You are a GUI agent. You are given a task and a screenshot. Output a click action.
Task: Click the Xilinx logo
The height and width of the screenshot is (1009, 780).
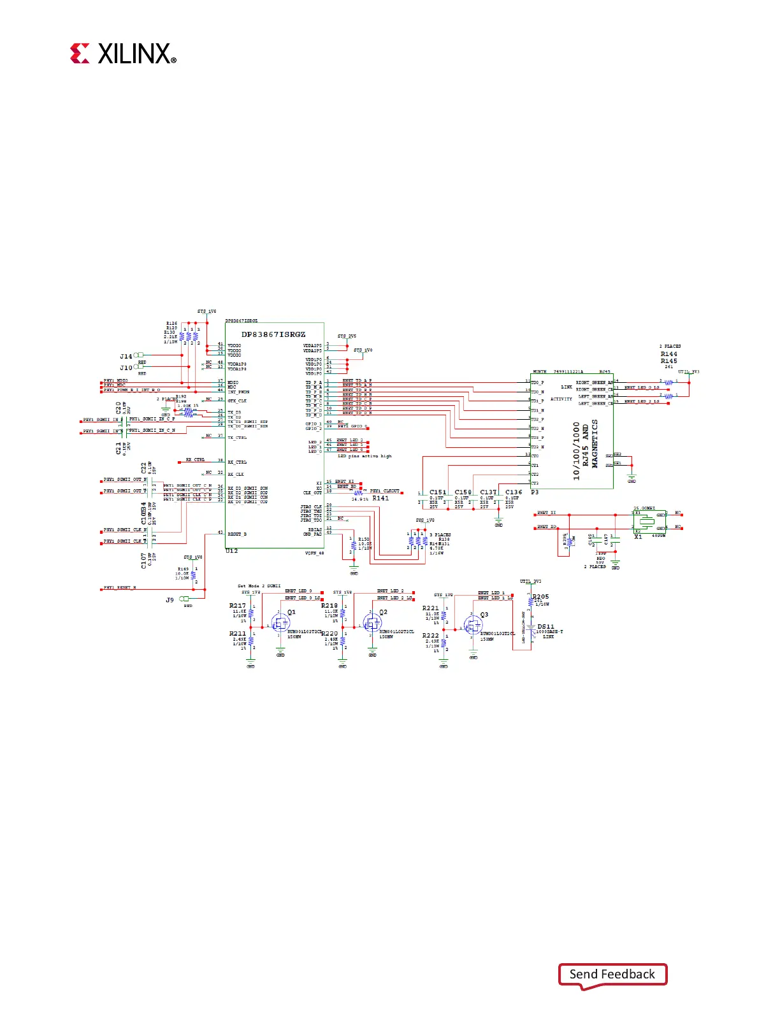[123, 54]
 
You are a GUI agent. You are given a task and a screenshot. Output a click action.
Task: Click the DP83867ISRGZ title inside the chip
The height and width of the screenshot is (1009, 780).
[273, 334]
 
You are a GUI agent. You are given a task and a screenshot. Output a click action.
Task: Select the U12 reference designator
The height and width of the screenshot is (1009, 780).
[231, 551]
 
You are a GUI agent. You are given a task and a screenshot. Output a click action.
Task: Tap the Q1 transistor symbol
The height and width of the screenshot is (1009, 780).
[280, 622]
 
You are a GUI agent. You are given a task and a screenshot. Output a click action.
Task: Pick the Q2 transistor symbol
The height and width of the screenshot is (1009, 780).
[372, 622]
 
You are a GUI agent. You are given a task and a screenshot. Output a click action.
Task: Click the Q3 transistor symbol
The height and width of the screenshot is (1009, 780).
[473, 625]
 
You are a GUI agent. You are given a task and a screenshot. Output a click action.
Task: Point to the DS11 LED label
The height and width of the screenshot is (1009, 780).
[545, 627]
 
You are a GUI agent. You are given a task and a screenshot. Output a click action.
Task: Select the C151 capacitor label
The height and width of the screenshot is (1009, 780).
[438, 492]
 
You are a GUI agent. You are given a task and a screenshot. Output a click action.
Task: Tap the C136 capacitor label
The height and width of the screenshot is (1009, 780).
[514, 492]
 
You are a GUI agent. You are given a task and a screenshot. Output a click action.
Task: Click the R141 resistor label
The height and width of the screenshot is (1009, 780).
[380, 499]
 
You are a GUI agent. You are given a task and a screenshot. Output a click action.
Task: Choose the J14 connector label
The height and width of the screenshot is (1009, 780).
[126, 357]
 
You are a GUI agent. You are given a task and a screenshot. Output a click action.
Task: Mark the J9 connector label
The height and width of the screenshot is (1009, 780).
[170, 600]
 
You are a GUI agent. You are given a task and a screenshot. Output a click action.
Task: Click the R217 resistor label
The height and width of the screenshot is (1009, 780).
[238, 606]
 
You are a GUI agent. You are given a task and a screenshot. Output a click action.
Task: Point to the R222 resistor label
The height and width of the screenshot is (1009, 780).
[431, 635]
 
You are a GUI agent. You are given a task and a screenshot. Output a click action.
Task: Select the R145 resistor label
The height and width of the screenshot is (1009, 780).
[668, 361]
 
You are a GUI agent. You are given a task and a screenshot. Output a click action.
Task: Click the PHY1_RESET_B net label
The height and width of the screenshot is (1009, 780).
[120, 588]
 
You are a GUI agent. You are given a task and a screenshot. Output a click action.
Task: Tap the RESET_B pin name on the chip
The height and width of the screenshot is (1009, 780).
[237, 534]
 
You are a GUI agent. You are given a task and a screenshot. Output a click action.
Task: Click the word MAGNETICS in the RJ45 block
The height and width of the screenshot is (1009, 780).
[595, 443]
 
